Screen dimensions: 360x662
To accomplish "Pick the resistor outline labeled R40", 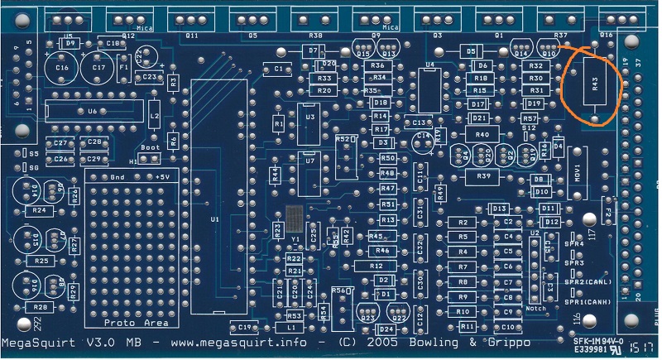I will pos(483,134).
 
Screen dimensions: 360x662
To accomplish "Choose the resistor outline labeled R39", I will pos(483,176).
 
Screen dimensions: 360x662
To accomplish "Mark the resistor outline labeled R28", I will pos(39,307).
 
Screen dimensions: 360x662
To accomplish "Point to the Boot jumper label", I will pos(150,148).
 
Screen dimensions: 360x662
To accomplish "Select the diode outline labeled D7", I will pos(312,51).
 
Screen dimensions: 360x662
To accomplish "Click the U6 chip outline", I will pos(91,111).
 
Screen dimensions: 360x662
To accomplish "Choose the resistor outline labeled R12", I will pos(377,266).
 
